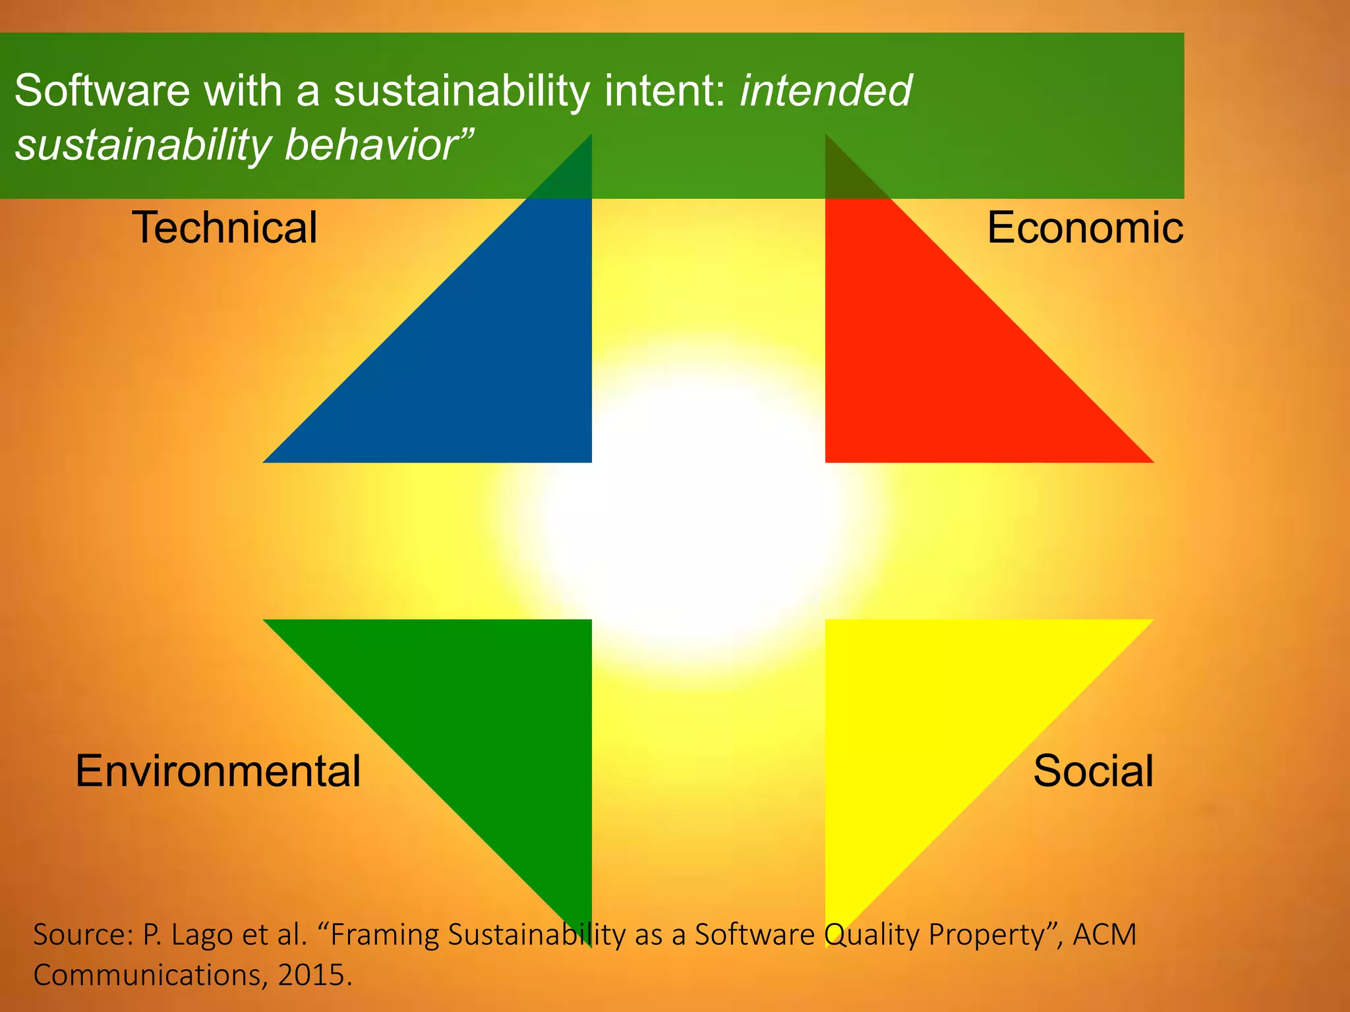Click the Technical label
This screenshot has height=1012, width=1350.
point(225,228)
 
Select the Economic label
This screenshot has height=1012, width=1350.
point(1085,228)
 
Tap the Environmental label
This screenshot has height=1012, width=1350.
point(218,771)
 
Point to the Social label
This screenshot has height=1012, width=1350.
point(1093,771)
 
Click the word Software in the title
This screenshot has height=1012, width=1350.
point(102,90)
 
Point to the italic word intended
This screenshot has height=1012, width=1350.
point(826,90)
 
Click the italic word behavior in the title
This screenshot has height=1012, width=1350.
point(378,145)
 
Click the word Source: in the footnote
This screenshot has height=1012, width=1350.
point(83,935)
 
